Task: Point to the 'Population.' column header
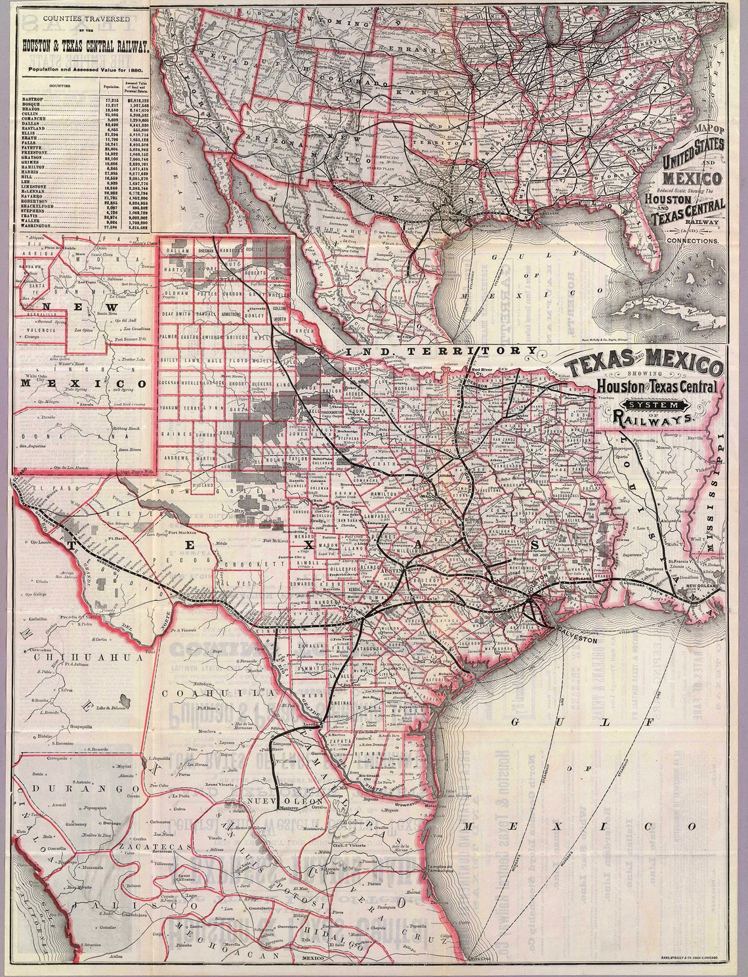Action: click(110, 85)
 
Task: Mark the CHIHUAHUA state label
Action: click(71, 657)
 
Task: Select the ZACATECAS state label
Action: click(139, 848)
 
